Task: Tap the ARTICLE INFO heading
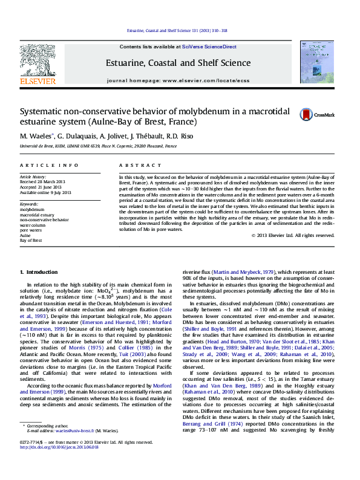point(49,165)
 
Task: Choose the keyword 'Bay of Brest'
point(30,240)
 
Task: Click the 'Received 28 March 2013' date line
point(45,181)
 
